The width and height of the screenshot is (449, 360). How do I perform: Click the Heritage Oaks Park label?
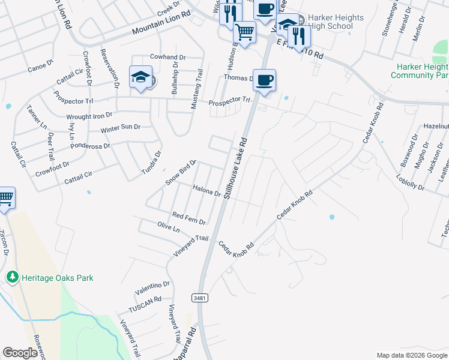[57, 278]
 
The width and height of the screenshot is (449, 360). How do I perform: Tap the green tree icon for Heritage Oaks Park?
[11, 277]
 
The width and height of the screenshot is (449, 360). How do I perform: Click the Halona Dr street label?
[206, 191]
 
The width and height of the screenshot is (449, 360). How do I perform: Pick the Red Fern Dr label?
[188, 218]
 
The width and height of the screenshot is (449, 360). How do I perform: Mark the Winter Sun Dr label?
[120, 128]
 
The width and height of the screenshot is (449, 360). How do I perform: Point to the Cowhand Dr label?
[167, 58]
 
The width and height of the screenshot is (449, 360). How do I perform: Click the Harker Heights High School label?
[336, 22]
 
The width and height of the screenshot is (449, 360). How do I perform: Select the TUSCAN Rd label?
[145, 305]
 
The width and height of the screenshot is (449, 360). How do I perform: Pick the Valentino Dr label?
[152, 289]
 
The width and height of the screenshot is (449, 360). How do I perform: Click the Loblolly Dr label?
[411, 183]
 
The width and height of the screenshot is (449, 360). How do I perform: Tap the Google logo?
[20, 353]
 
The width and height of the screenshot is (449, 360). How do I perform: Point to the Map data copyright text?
[411, 355]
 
